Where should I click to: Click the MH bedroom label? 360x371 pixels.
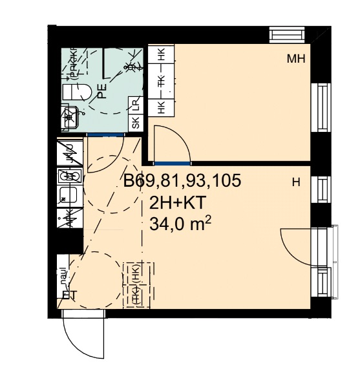295,59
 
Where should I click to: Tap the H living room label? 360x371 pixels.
296,183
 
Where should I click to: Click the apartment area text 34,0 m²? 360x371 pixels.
180,223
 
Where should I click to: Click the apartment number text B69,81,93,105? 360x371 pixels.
182,182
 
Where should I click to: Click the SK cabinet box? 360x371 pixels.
136,123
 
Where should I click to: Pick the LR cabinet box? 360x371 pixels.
136,104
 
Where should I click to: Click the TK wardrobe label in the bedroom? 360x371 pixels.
161,81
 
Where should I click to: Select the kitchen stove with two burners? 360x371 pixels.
69,175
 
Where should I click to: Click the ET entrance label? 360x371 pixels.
69,296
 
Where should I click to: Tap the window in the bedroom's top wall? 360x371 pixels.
288,34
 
